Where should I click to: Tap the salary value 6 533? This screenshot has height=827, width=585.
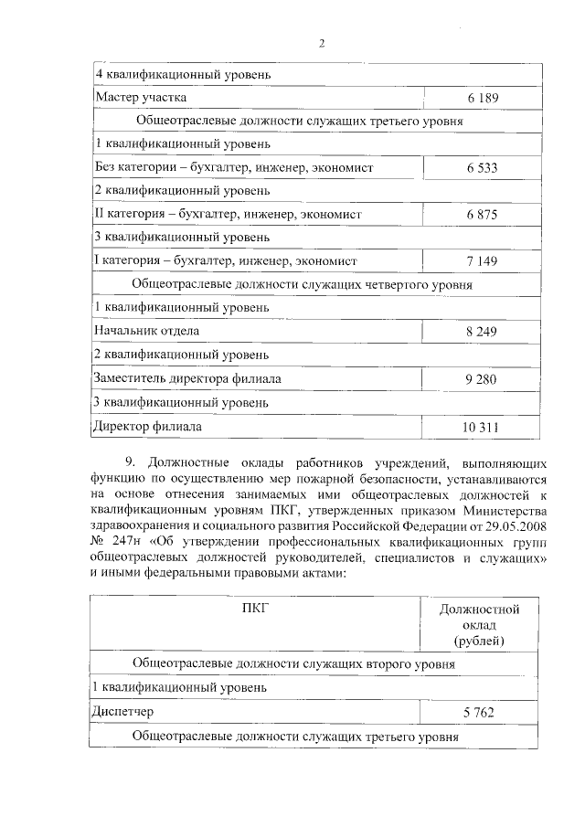point(481,168)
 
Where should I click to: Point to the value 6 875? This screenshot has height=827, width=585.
point(481,214)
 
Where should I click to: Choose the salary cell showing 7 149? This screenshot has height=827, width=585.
point(481,261)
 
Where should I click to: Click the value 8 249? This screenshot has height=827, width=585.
point(481,331)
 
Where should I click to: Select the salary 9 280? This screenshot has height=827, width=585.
point(481,378)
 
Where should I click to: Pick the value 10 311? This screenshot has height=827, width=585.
point(481,427)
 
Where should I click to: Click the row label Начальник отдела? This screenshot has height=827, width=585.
point(146,331)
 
